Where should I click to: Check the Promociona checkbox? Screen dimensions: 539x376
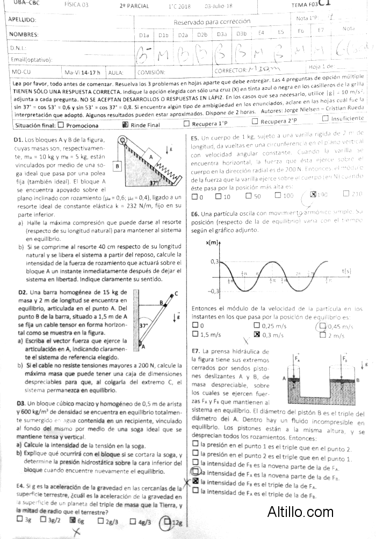60,125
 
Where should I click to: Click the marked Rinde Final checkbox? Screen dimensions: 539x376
125,125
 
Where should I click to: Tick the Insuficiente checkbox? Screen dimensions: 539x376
326,118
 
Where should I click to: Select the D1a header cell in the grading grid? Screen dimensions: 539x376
143,36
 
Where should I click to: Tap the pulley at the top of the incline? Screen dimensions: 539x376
125,142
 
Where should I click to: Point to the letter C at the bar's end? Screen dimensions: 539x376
176,294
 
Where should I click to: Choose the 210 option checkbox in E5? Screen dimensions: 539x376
346,194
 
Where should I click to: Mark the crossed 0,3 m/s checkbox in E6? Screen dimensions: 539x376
257,335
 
